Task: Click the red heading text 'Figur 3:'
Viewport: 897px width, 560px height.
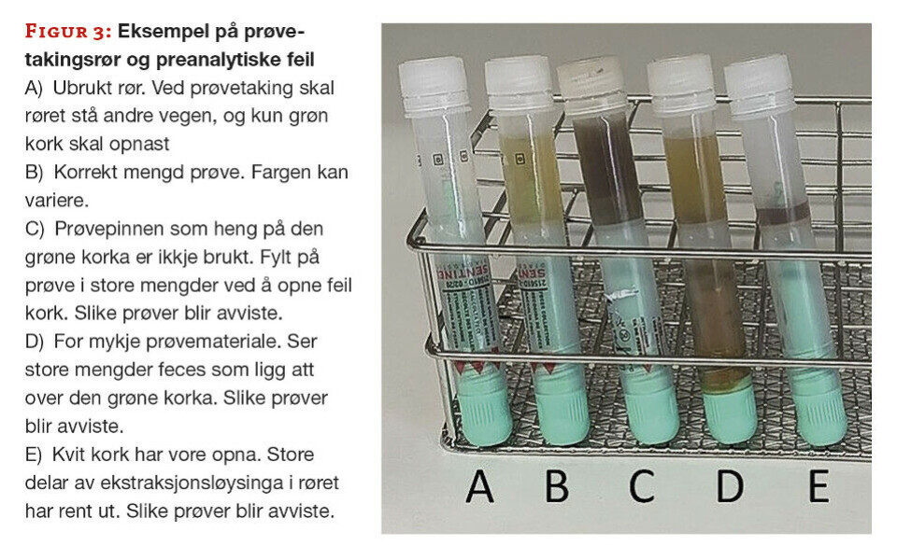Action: click(x=68, y=32)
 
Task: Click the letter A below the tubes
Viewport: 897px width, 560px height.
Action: click(x=479, y=486)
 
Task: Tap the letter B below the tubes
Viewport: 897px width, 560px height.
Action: click(x=557, y=486)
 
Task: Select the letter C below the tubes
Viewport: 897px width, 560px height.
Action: click(x=641, y=486)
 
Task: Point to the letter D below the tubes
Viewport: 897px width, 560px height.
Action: click(x=730, y=486)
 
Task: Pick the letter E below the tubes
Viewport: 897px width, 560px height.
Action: click(x=819, y=486)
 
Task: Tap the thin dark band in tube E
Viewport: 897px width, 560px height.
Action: click(x=783, y=213)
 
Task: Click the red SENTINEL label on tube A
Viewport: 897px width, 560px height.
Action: click(x=463, y=275)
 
